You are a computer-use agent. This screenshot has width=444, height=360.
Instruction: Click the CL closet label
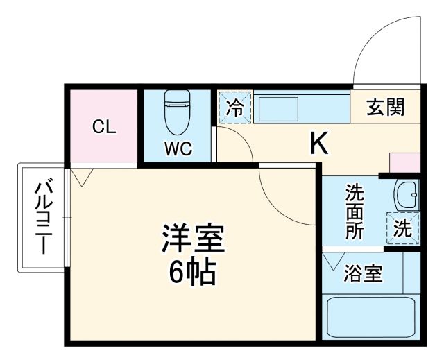105,127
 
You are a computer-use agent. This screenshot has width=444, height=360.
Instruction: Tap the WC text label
178,147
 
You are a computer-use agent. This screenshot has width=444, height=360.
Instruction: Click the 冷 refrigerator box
235,108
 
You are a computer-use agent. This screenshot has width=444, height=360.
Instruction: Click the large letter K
318,143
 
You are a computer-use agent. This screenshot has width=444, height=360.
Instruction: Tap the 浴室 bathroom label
363,274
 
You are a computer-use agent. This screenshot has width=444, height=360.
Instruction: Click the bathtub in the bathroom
370,317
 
